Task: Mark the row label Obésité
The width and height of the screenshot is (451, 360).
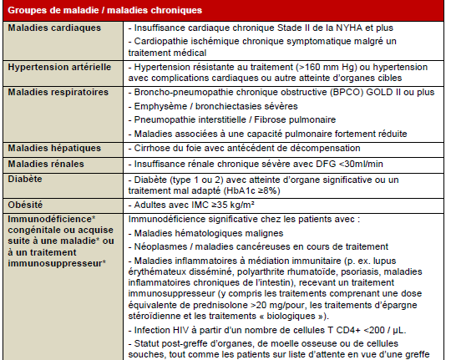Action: (27, 204)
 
